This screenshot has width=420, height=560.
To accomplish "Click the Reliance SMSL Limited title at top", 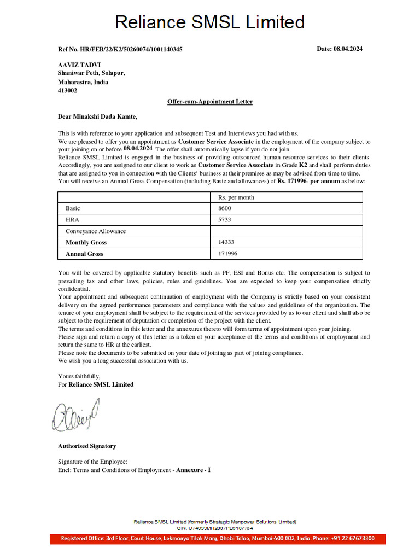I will (x=209, y=22).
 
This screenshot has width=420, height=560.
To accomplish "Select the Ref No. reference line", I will (x=120, y=50).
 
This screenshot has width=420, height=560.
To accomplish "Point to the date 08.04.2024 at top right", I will (x=340, y=49).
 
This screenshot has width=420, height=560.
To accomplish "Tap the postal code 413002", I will (x=68, y=91).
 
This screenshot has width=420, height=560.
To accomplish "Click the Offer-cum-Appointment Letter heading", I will (x=210, y=102).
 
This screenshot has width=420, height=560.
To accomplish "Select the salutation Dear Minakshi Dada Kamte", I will (x=98, y=116).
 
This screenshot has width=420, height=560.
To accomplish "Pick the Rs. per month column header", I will (x=236, y=197).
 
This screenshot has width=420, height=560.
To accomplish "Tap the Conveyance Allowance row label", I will (x=96, y=231).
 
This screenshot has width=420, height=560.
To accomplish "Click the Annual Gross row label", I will (x=84, y=254).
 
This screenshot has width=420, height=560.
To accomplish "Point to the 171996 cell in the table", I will (x=227, y=254).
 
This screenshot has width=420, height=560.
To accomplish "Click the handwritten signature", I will (x=76, y=414).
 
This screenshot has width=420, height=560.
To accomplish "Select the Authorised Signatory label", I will (x=87, y=446).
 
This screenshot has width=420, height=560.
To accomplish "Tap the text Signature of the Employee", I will (x=92, y=462).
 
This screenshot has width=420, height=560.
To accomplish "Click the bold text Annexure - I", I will (x=193, y=470).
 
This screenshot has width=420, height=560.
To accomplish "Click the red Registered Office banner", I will (x=218, y=539).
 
